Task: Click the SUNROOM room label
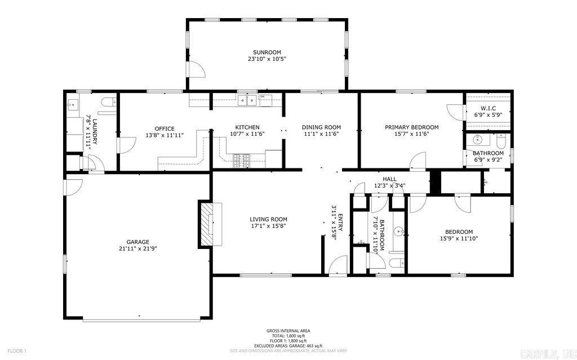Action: click(267, 52)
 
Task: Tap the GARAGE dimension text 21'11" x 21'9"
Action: click(134, 248)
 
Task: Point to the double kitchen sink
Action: click(246, 101)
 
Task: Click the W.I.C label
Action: click(488, 108)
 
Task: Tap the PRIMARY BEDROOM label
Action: click(411, 127)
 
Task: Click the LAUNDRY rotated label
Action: click(95, 131)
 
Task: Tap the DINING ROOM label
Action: click(321, 127)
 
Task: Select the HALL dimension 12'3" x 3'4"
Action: click(390, 185)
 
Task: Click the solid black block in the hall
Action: click(434, 182)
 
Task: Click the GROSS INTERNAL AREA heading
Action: click(288, 331)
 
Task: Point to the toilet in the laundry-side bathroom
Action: click(109, 102)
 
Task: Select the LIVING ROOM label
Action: click(268, 219)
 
